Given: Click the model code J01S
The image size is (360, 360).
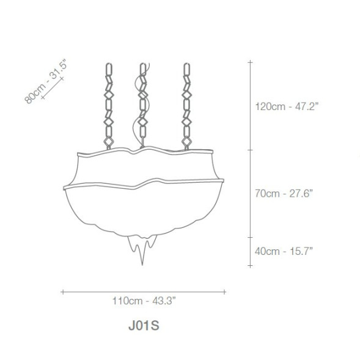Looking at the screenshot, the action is click(144, 325).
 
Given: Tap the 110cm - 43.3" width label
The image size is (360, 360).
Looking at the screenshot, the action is click(144, 301).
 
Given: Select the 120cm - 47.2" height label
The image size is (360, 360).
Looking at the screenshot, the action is click(287, 106).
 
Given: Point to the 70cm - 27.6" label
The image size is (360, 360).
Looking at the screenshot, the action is click(284, 193).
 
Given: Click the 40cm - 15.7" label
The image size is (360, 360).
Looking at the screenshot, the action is click(284, 251).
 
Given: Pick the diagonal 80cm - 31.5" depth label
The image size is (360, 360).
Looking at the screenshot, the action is click(45, 81).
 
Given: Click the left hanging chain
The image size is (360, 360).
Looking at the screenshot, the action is click(109, 106).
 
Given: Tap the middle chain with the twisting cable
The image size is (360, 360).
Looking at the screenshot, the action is click(143, 105).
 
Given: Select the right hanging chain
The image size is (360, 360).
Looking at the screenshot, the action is click(186, 106).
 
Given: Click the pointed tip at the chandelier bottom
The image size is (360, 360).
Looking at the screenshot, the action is click(142, 265).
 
